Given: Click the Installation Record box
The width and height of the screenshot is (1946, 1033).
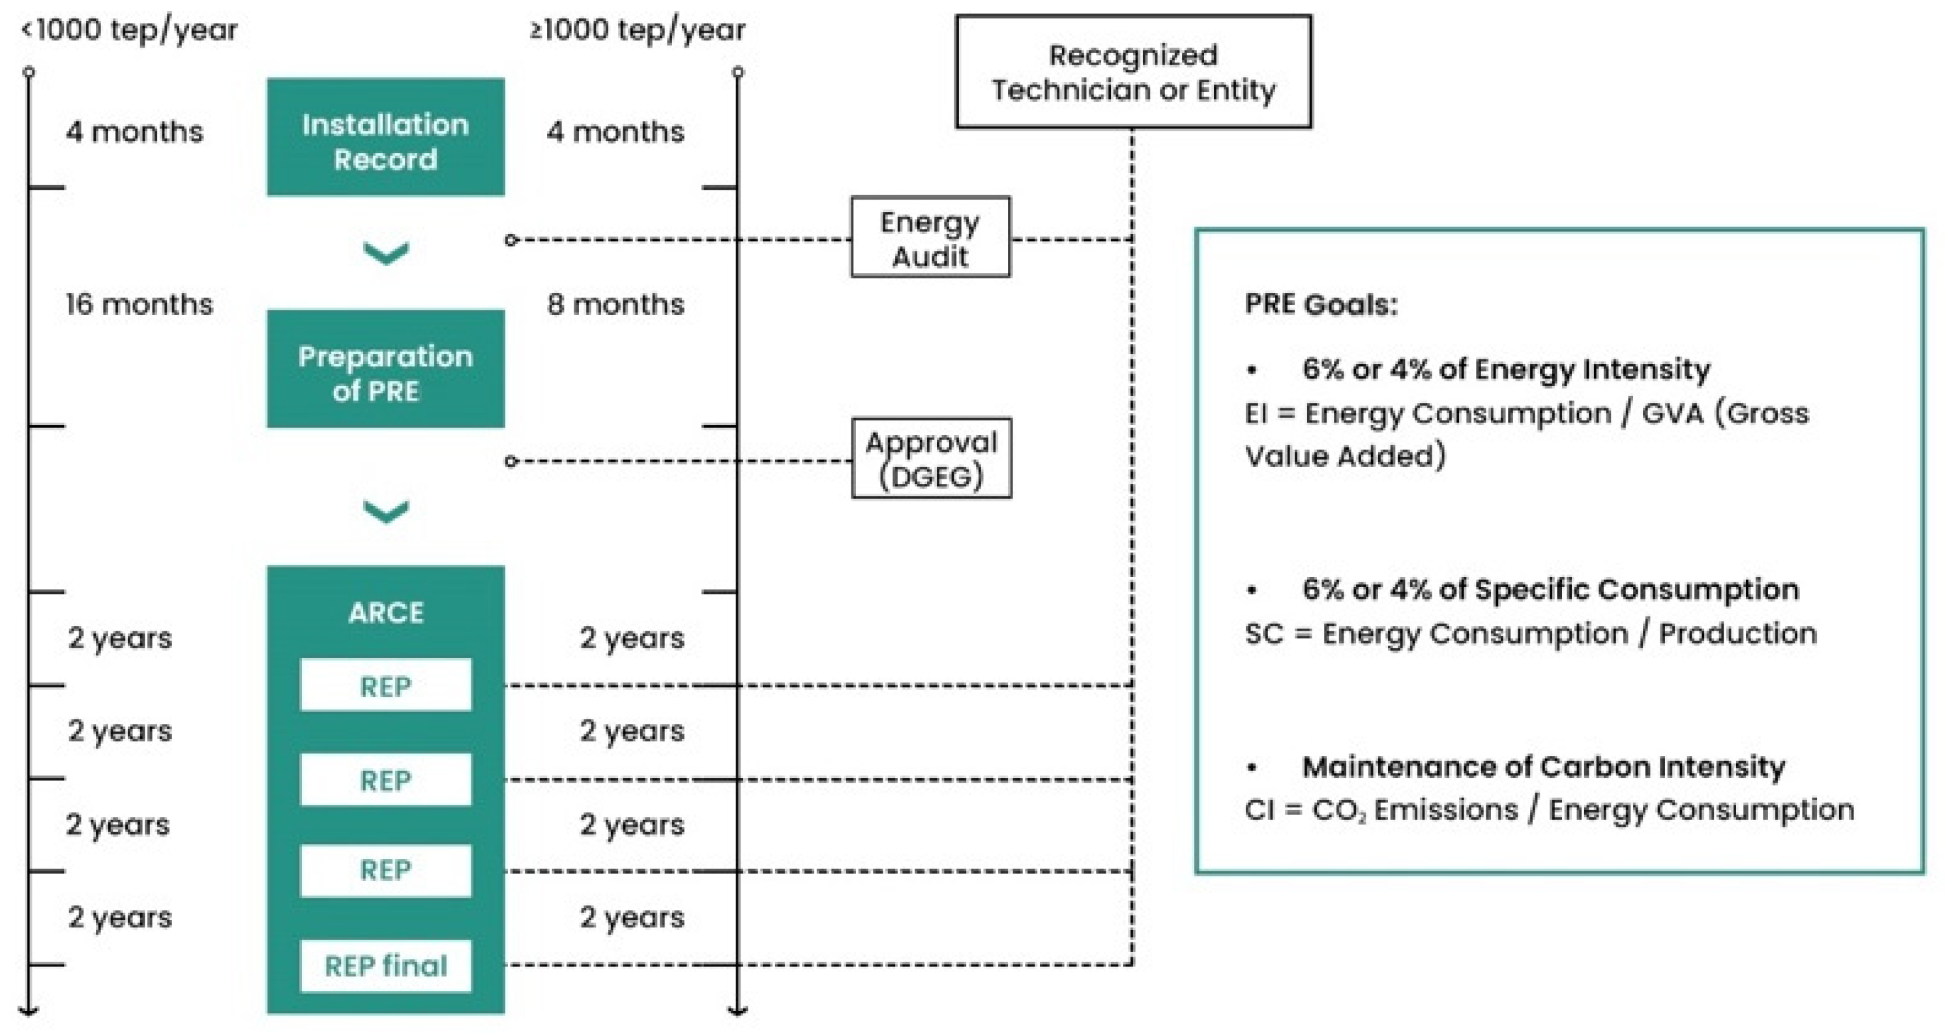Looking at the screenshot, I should [385, 138].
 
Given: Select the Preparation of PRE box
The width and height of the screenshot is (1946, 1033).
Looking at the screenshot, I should [385, 370].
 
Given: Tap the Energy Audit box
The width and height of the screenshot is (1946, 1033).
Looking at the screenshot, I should [930, 237].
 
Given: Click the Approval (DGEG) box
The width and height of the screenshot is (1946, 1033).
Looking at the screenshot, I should [932, 458].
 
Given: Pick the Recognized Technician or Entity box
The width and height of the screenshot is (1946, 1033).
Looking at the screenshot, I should [1133, 72].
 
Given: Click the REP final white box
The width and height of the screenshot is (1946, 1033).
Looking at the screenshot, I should [385, 966].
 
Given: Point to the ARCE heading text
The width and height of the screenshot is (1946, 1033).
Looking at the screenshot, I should [385, 613].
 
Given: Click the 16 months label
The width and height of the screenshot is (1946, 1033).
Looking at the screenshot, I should [139, 305].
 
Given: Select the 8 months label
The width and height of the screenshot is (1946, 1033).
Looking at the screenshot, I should [615, 305].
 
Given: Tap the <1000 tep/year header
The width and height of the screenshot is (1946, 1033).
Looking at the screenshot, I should [130, 30].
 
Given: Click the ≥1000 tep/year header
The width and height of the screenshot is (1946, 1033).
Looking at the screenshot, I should [638, 30].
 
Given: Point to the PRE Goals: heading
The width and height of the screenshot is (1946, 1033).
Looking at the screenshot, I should [1321, 305].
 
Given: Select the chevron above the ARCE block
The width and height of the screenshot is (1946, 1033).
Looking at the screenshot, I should [386, 511].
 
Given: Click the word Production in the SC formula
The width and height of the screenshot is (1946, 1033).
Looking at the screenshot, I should [1737, 633].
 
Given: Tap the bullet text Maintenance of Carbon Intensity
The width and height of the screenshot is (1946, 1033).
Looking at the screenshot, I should [1543, 767].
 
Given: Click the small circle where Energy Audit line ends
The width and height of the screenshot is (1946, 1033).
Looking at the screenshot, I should [510, 240].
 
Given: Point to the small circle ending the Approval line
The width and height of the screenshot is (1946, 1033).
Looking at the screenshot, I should [510, 461].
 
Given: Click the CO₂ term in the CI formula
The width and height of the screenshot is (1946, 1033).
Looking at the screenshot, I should [1338, 810].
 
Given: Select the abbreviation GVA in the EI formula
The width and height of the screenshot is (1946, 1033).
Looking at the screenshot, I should [1672, 413].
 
